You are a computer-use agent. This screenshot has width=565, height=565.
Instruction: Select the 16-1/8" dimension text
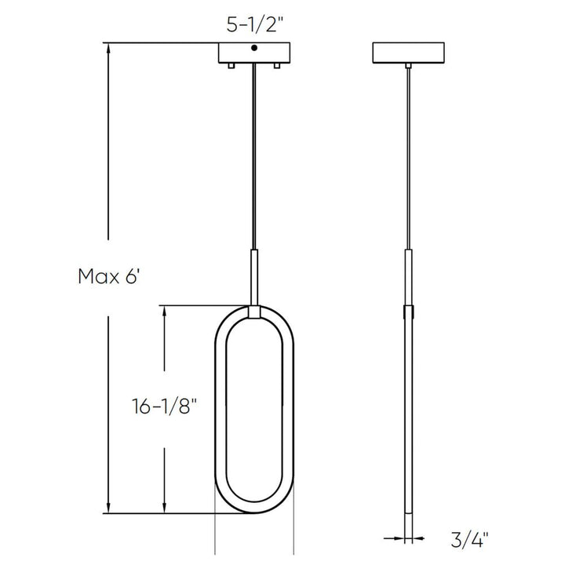162,406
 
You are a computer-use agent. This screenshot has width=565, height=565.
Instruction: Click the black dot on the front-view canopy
253,49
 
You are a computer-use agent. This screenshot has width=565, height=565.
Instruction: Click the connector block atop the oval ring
253,313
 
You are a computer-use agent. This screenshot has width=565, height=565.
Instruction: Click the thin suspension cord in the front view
253,157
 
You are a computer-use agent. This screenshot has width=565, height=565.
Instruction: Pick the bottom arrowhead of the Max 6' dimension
108,508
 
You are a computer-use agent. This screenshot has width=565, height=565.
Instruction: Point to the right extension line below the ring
293,534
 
